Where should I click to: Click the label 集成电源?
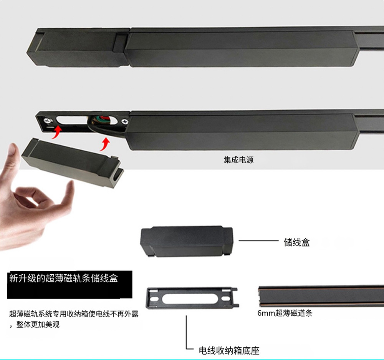tap(238, 160)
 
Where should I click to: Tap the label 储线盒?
tap(296, 242)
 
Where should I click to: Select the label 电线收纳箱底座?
tap(229, 350)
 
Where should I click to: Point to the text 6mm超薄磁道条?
tap(285, 313)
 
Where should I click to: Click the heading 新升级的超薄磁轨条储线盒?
tap(64, 278)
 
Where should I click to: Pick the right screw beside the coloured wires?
tap(125, 121)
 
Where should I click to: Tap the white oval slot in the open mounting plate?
tap(72, 121)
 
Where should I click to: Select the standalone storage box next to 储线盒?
tap(187, 241)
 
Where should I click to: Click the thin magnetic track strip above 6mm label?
tap(321, 296)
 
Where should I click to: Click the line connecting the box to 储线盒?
tap(258, 241)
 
